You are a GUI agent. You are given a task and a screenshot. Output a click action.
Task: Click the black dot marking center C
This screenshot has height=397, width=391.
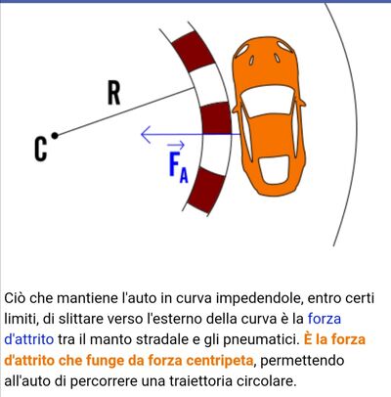tap(55, 135)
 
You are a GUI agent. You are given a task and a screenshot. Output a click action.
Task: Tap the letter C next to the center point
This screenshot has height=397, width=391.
tap(41, 150)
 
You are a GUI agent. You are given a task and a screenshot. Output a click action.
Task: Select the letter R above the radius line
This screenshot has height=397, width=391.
tap(114, 93)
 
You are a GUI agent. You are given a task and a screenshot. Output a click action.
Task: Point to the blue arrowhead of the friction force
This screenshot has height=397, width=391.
tap(146, 134)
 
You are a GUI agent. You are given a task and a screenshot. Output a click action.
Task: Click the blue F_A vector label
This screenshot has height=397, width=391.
tap(178, 162)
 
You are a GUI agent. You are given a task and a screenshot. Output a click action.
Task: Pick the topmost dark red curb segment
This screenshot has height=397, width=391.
tap(194, 49)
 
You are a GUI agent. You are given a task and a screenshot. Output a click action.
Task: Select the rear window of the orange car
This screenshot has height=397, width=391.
tap(274, 170)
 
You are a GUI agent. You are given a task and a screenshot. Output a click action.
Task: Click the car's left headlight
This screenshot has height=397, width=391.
tap(242, 50)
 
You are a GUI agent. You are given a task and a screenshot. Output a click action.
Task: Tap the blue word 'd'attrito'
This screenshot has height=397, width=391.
tap(29, 339)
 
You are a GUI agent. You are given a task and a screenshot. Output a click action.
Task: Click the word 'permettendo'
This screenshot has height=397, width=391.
tap(302, 361)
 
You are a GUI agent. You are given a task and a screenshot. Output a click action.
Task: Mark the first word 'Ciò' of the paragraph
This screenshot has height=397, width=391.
tap(16, 298)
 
